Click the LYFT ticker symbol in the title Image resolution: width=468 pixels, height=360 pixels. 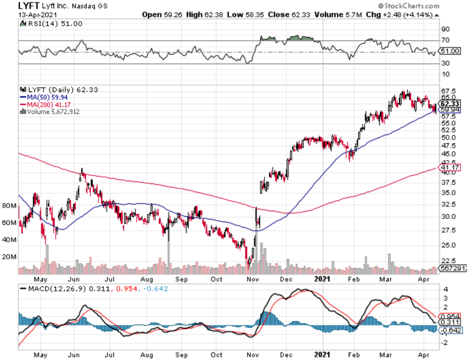point(29,6)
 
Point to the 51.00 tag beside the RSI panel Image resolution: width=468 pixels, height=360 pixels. point(448,50)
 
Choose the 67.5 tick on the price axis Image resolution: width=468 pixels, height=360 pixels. point(446,90)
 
